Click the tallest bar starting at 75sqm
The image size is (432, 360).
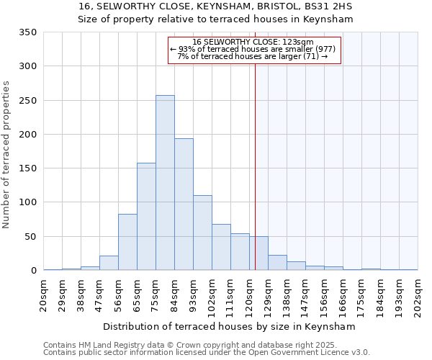coord(165,183)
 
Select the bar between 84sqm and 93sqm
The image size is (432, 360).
coord(184,204)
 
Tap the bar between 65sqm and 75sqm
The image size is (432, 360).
coord(146,217)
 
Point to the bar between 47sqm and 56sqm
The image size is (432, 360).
coord(109,264)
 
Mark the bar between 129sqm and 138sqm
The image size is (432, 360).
coord(277,263)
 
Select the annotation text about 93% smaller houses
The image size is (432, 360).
coord(253,49)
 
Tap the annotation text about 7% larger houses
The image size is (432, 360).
coord(253,56)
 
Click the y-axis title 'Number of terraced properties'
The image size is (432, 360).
coord(6,155)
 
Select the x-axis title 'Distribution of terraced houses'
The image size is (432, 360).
coord(215,326)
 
